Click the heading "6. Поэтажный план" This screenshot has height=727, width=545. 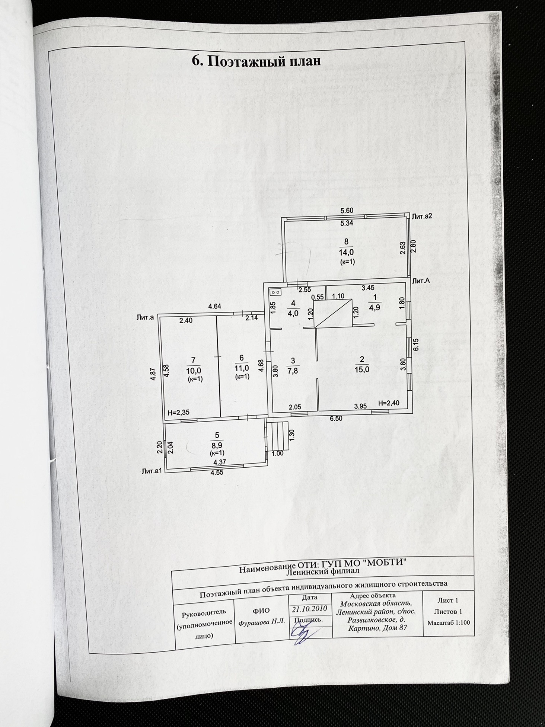pos(256,61)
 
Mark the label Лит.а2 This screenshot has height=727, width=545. pos(422,216)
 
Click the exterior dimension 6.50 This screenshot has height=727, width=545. pos(336,419)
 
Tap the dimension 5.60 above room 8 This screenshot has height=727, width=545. pos(347,211)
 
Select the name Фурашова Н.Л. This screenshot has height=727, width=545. pos(262,621)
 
